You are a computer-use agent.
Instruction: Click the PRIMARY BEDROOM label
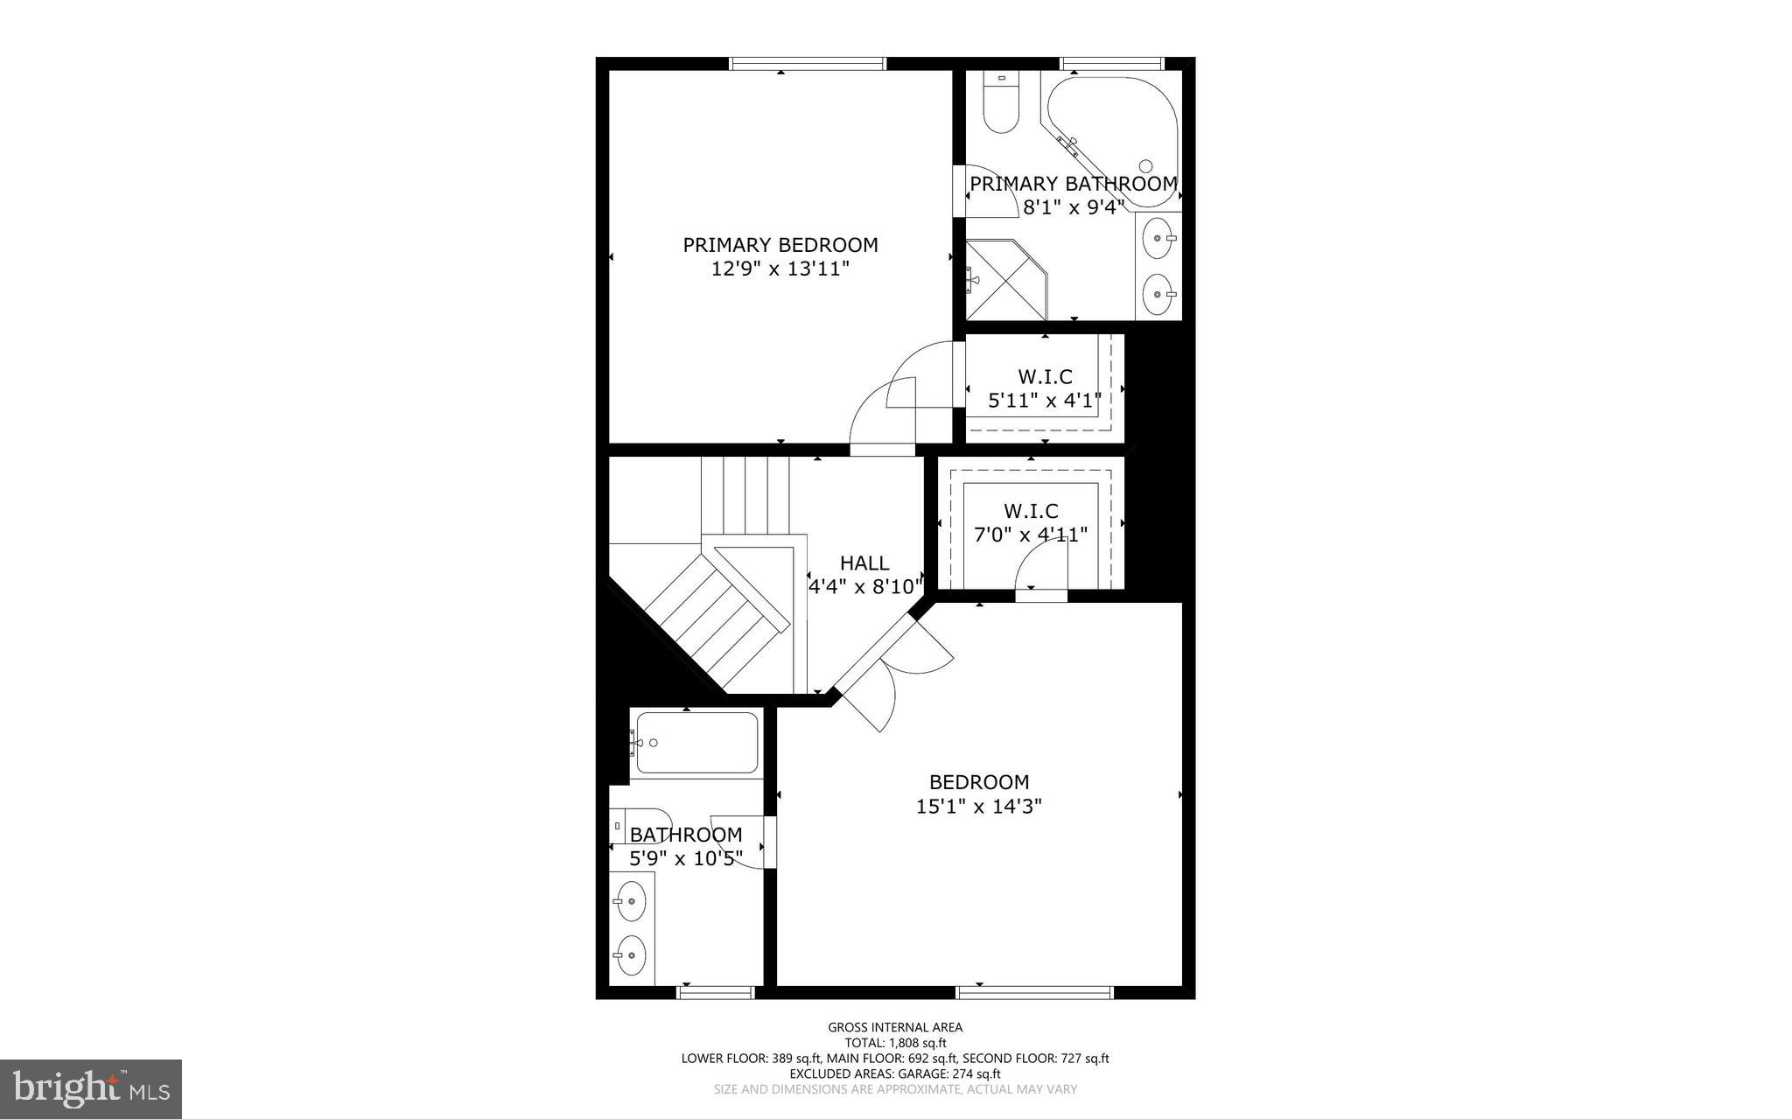coord(780,245)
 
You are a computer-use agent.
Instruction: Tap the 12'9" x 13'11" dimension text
coord(780,269)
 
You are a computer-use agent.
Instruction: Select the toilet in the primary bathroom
coord(1001,103)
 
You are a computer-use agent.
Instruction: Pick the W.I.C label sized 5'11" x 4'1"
coord(1044,377)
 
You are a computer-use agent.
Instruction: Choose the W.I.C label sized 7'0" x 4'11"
coord(1030,511)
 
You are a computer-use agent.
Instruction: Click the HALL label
coord(864,563)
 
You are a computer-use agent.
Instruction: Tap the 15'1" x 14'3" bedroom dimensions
coord(978,806)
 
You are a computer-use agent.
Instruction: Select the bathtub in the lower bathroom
coord(696,743)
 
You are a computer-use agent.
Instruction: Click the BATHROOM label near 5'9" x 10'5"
coord(685,835)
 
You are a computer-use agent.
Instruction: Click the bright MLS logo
coord(91,1088)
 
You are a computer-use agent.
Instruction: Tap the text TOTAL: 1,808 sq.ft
coord(894,1043)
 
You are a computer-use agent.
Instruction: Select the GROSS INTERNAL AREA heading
coord(894,1027)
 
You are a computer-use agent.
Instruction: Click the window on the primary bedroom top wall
coord(808,63)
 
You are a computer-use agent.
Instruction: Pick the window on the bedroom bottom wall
coord(1033,992)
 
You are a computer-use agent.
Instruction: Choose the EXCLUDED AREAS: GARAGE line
coord(894,1074)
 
